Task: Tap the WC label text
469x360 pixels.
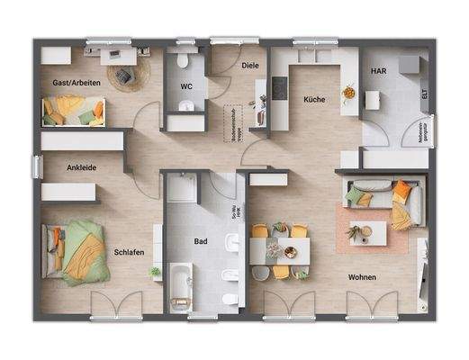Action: click(186, 86)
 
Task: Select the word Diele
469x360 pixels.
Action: click(251, 65)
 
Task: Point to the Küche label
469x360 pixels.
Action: click(313, 100)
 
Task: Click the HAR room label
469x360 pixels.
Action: click(378, 71)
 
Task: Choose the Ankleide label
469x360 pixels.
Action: click(81, 167)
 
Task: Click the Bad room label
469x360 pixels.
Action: click(202, 241)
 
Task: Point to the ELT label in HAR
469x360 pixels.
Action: click(424, 92)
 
